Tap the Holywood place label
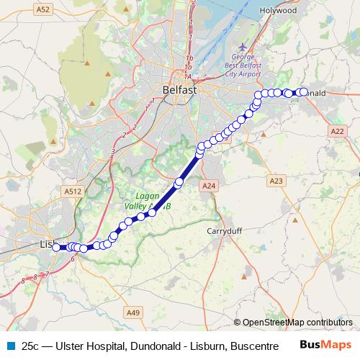(x=279, y=11)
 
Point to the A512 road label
(x=72, y=192)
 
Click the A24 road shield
(x=209, y=186)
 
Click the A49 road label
(x=132, y=312)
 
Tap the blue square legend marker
(x=10, y=346)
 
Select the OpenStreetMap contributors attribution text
(x=297, y=322)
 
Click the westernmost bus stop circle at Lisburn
(x=56, y=248)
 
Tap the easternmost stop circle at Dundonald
(x=303, y=92)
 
